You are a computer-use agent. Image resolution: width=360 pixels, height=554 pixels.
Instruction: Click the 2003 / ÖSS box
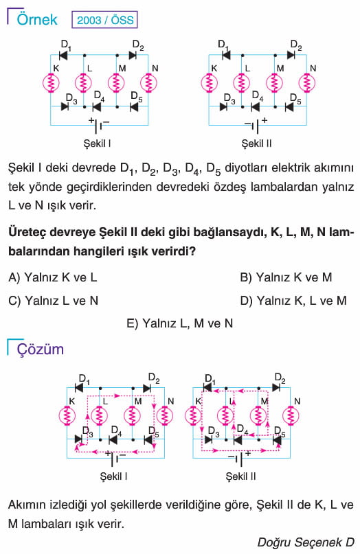point(104,20)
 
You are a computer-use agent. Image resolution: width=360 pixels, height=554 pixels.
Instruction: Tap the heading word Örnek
point(37,19)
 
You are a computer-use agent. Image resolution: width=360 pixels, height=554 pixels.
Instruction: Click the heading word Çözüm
point(41,349)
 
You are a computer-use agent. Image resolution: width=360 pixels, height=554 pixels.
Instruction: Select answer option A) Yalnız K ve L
point(53,277)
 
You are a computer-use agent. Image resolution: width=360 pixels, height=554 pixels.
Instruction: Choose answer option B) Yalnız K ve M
point(286,277)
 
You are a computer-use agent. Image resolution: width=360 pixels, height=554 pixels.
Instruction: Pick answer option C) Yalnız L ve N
point(53,301)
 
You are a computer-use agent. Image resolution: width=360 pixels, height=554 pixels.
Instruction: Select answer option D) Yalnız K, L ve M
point(293,301)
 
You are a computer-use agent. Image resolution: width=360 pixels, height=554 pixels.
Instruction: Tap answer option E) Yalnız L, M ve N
point(179,323)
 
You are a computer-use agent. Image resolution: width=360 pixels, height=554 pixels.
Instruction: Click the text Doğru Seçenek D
point(306,542)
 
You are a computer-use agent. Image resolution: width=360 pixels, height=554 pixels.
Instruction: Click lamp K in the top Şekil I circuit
point(51,82)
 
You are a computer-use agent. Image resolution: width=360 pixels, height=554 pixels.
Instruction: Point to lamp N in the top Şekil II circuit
point(306,82)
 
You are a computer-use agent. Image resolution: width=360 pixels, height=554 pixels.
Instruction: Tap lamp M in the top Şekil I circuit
point(116,82)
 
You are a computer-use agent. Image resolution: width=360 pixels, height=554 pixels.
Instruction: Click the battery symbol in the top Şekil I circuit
point(99,125)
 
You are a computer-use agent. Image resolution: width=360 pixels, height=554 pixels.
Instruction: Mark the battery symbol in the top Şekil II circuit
point(256,125)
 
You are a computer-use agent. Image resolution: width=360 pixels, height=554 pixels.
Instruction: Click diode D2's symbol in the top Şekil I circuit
point(133,55)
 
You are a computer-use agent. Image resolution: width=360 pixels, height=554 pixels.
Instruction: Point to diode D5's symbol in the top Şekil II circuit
point(289,106)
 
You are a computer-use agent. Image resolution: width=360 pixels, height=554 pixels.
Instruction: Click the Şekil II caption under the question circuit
point(256,143)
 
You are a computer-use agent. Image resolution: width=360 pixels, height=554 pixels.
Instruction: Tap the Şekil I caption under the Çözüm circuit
point(113,476)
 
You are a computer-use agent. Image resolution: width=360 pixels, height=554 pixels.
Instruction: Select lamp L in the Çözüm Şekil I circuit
point(100,415)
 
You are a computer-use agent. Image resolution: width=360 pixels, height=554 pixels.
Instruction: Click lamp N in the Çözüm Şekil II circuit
point(291,415)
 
